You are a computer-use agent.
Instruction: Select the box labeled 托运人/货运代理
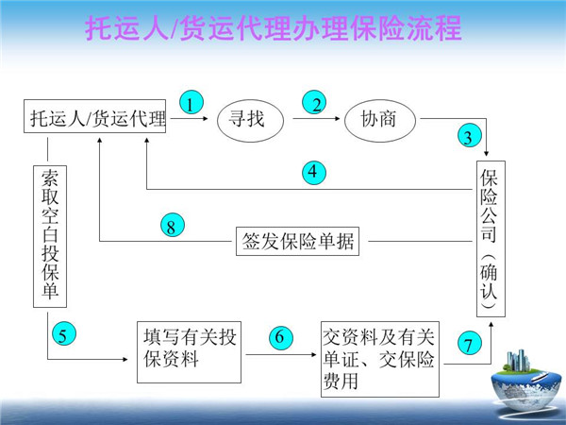[95, 119]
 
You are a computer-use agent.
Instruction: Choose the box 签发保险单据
[298, 241]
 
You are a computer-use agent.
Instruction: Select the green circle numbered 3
[469, 136]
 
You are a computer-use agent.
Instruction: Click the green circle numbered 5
[61, 334]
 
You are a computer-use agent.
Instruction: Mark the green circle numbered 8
[171, 227]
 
